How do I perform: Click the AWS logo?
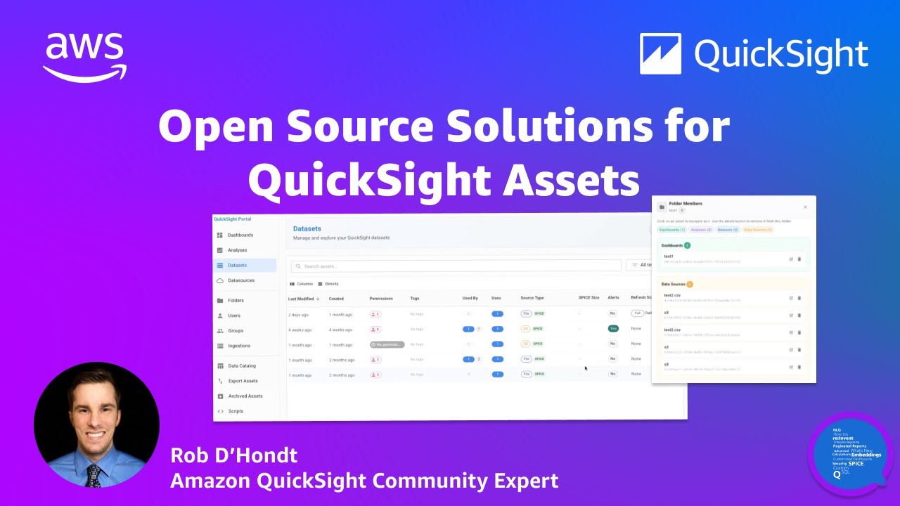pos(84,56)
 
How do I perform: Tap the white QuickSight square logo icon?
pos(660,53)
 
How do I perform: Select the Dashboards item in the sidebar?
pos(240,235)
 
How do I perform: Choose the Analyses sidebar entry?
pos(237,250)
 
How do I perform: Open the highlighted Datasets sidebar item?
pos(237,265)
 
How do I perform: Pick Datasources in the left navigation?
pos(240,280)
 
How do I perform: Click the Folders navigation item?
pos(236,300)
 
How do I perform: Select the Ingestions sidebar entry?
pos(238,346)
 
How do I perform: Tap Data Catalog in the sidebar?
pos(241,365)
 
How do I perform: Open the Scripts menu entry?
pos(236,411)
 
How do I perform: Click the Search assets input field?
pos(457,266)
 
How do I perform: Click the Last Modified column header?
pos(302,299)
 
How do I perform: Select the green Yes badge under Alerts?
pos(612,328)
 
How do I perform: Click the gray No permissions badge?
pos(387,344)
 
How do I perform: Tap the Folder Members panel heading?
pos(685,204)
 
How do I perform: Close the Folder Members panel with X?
pos(805,207)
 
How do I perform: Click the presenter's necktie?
pos(94,476)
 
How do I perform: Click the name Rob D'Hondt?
pos(234,455)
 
